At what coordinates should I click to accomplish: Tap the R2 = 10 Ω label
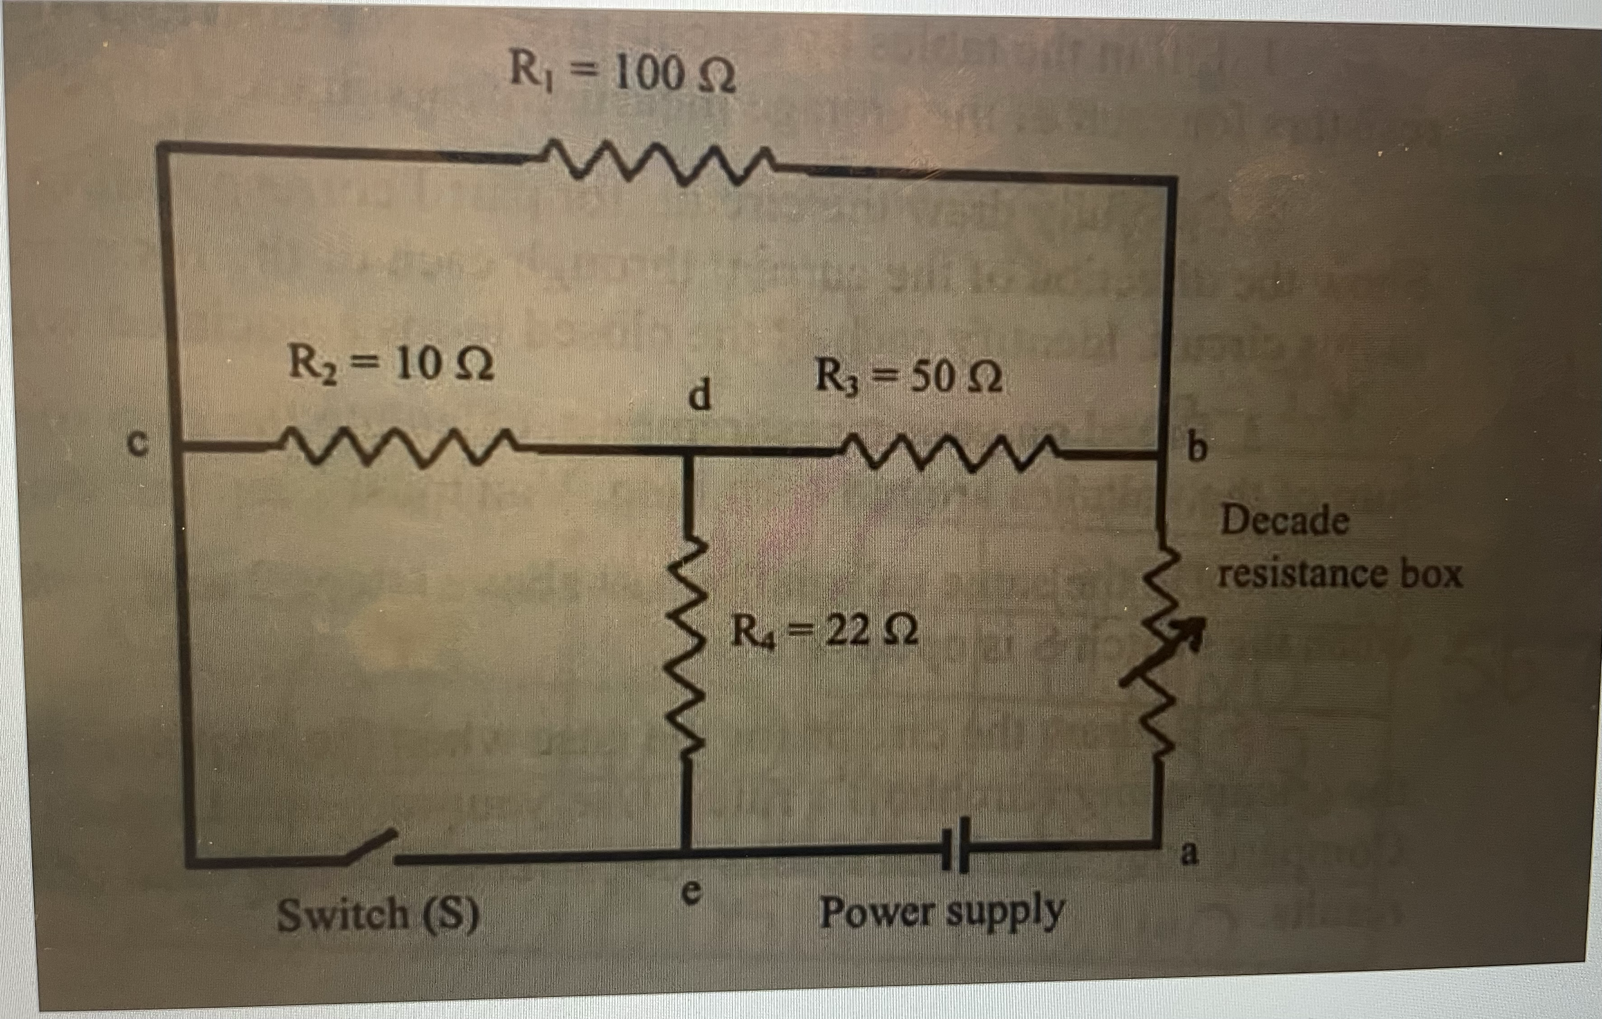391,365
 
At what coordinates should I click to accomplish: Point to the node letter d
699,396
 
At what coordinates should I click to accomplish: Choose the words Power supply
941,912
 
